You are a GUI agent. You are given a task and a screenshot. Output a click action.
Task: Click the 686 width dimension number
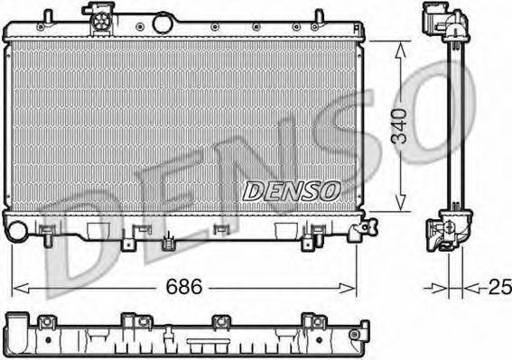point(184,287)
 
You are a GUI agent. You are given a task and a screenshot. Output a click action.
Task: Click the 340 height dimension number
point(399,126)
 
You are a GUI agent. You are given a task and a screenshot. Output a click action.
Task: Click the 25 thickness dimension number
point(500,287)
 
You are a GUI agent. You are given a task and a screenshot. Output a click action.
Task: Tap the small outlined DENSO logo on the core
point(292,191)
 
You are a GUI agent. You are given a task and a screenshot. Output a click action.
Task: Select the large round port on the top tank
point(163,23)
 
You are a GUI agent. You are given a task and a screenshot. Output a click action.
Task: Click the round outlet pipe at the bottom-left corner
point(17,231)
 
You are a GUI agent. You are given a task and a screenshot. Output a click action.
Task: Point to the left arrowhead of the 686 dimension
point(20,289)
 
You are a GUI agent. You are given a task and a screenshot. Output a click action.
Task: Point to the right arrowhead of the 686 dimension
point(347,289)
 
